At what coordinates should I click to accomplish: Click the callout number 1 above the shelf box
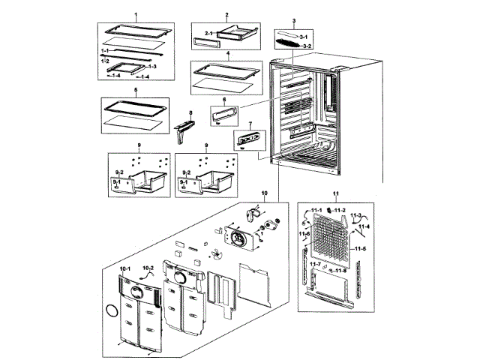136,16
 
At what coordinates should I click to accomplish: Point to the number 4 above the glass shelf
217,55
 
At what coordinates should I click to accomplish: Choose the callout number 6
224,100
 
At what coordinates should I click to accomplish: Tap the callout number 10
264,193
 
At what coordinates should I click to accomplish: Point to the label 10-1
124,268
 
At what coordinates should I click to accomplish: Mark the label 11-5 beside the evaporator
360,247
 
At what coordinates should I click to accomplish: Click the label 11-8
340,271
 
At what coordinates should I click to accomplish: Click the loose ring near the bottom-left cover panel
112,310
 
